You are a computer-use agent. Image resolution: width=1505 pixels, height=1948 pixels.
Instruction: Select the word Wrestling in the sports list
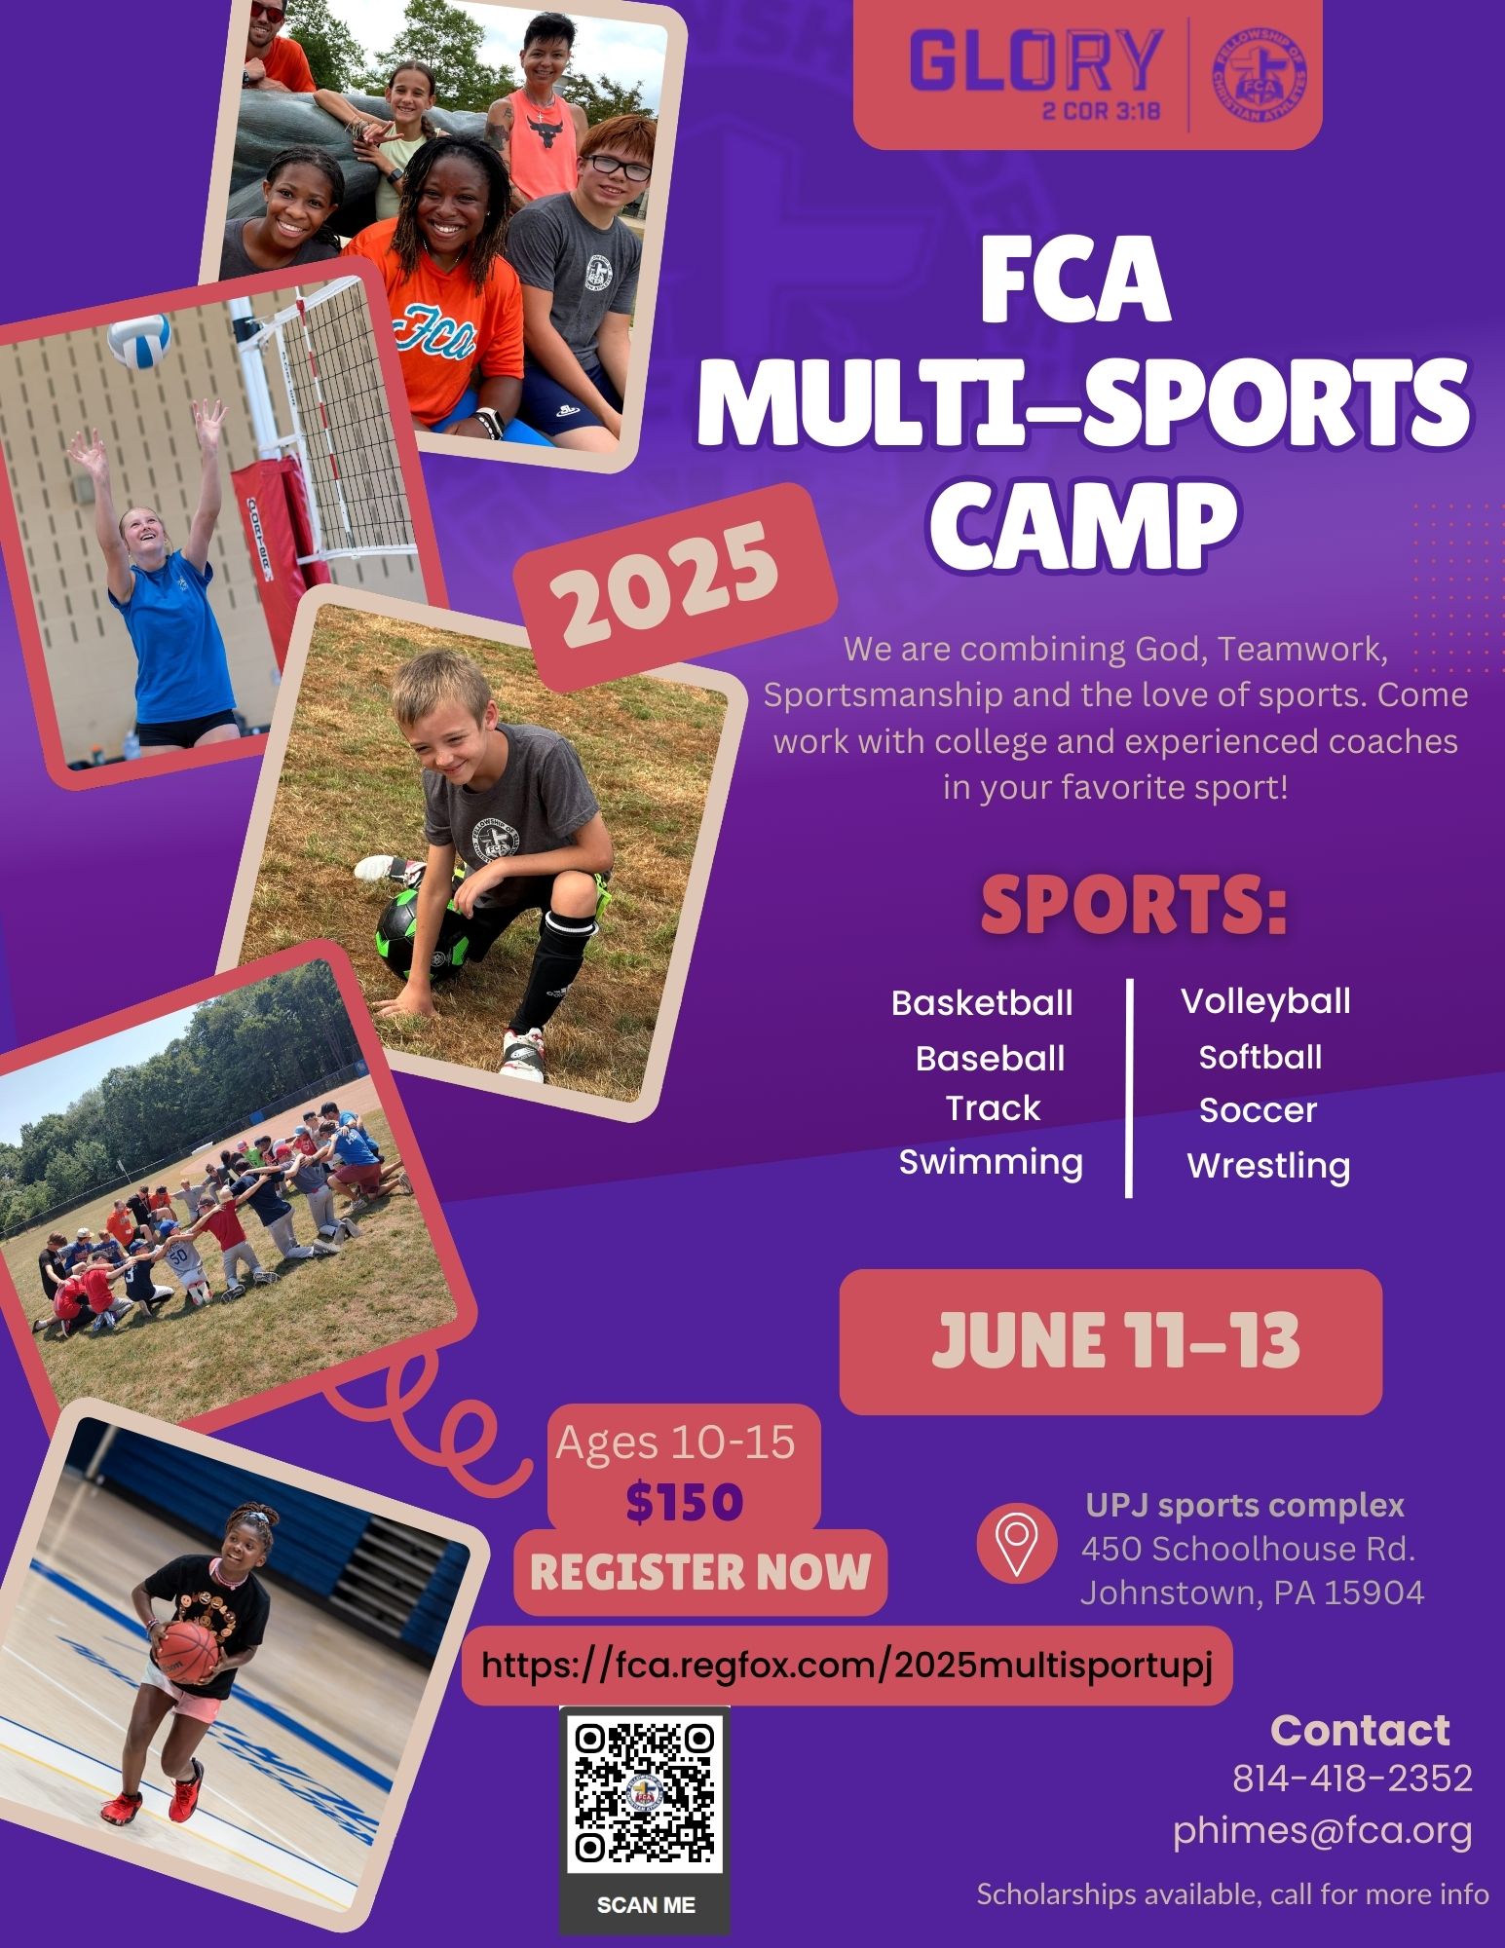coord(1268,1166)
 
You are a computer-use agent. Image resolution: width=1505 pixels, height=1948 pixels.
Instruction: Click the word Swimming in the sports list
coord(991,1162)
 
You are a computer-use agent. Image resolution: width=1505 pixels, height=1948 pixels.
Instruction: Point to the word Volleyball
coord(1265,1001)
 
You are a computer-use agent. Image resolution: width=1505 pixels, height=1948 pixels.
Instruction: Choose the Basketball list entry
coord(982,1003)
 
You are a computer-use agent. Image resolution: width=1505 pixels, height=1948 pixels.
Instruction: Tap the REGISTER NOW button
coord(700,1572)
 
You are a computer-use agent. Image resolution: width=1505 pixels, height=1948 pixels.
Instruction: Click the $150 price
coord(684,1502)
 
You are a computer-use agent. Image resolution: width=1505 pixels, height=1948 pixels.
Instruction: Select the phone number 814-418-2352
coord(1352,1779)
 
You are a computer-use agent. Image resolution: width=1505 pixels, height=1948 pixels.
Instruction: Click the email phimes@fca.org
coord(1322,1831)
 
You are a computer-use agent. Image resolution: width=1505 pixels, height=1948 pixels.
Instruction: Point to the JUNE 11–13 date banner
coord(1110,1341)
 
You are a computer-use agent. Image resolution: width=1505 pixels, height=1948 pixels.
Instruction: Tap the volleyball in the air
coord(140,340)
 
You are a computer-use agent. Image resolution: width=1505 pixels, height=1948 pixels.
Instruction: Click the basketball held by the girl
coord(187,1644)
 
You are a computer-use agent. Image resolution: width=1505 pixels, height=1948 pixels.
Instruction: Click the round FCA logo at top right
coord(1260,75)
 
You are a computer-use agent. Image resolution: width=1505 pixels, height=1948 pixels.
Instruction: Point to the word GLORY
coord(1035,61)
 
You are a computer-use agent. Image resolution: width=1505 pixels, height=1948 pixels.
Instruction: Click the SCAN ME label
coord(645,1904)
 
